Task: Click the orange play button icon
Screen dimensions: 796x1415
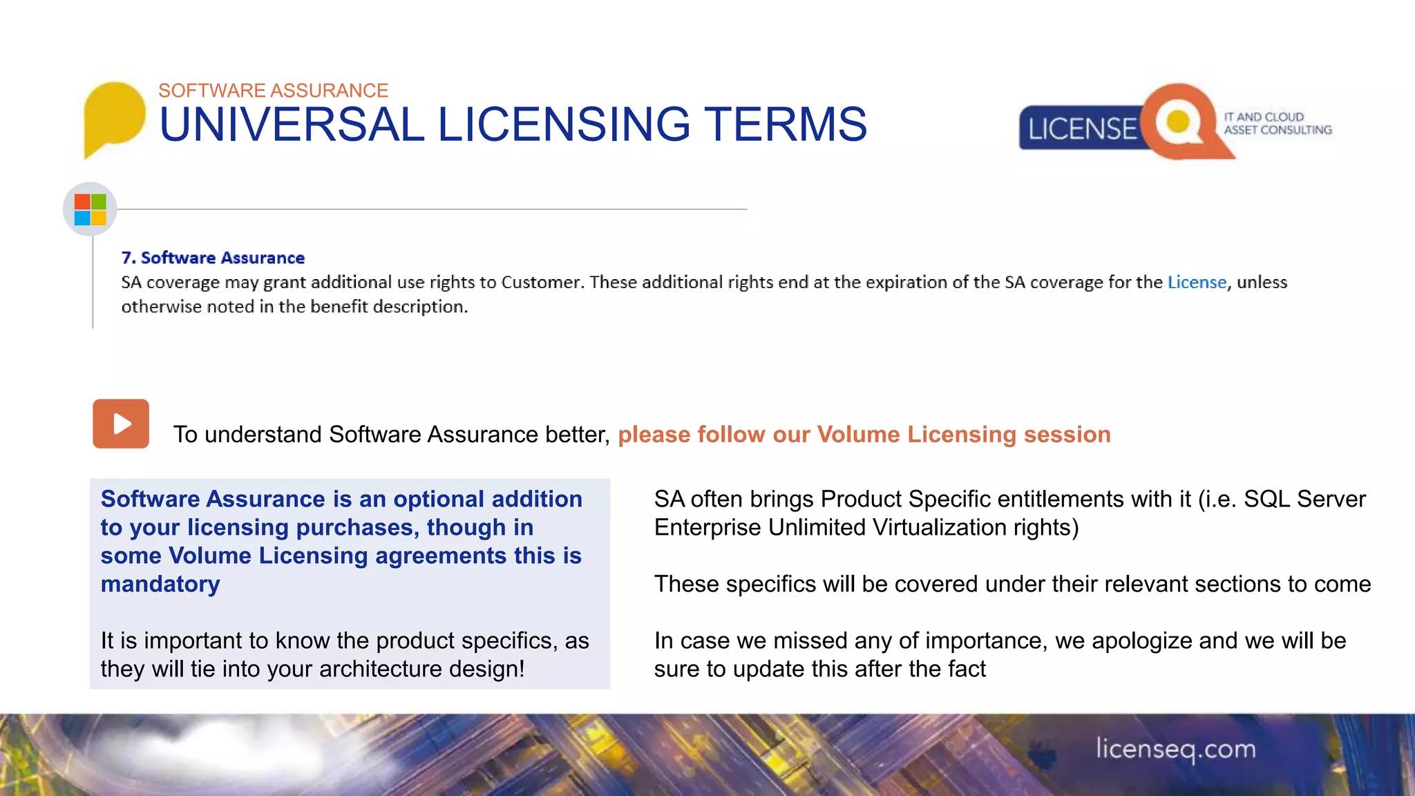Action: (x=121, y=424)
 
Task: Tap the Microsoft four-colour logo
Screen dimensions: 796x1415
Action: (x=90, y=209)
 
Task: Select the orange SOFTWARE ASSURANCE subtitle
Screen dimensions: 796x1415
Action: (x=273, y=91)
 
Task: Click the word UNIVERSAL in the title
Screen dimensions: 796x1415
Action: (x=291, y=125)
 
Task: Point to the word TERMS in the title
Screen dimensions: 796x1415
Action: (x=785, y=125)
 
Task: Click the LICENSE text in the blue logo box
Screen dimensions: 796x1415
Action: (x=1081, y=129)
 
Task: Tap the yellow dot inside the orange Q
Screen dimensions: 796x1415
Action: (x=1177, y=122)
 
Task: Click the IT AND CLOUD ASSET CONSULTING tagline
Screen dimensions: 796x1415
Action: (x=1277, y=124)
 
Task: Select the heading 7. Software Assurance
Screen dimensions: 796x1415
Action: (x=213, y=258)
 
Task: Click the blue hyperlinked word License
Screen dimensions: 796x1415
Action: (x=1197, y=282)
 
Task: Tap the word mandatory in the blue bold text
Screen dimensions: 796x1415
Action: (x=160, y=584)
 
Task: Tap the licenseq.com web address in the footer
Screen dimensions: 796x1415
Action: (x=1175, y=749)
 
